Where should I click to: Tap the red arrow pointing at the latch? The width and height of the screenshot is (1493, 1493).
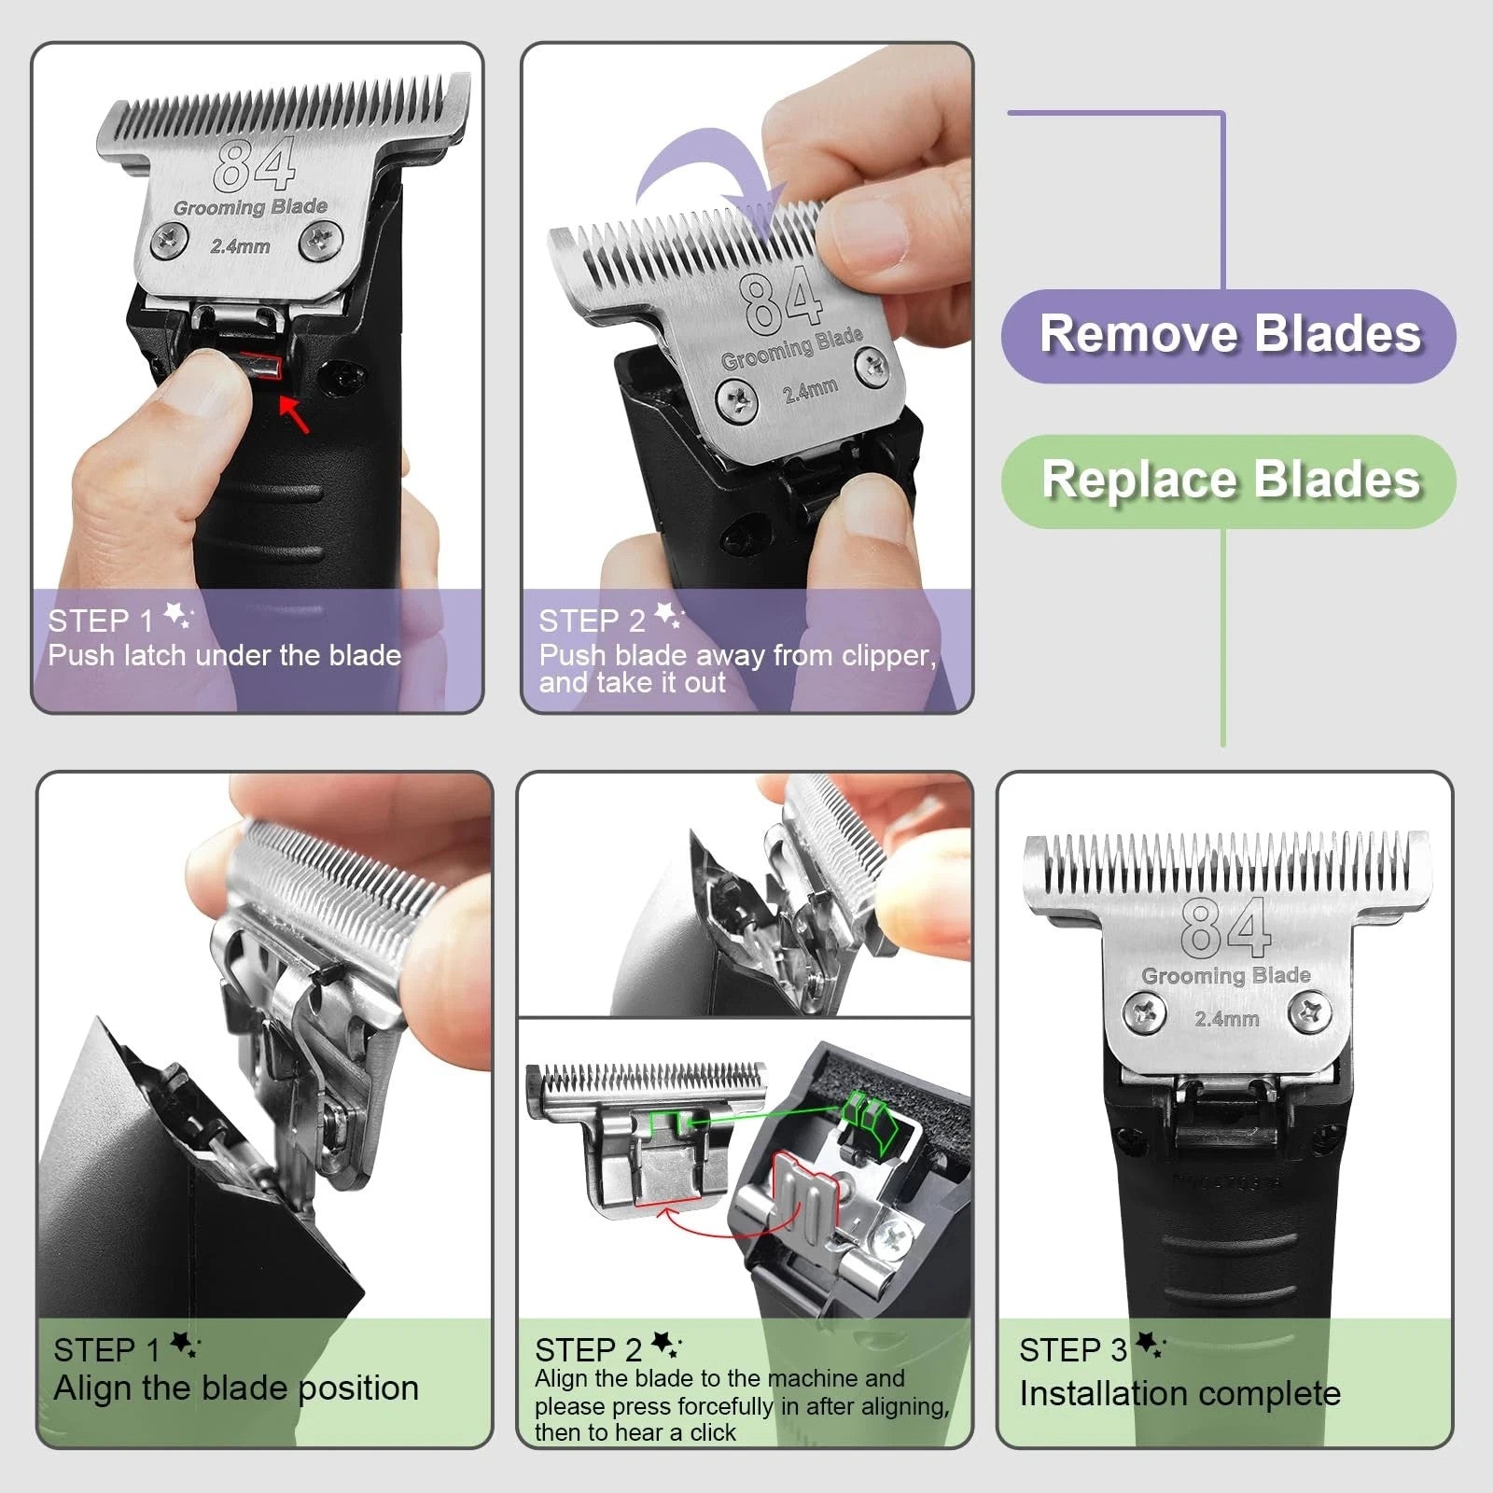pyautogui.click(x=295, y=414)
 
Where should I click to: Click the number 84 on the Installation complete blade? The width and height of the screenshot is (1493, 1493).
pyautogui.click(x=1224, y=928)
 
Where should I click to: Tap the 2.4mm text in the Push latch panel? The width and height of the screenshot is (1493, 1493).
pyautogui.click(x=240, y=246)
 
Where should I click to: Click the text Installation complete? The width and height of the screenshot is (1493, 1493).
pyautogui.click(x=1179, y=1393)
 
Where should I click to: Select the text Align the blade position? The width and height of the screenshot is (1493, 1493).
pyautogui.click(x=236, y=1388)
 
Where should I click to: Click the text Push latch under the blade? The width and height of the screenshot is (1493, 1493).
pyautogui.click(x=225, y=655)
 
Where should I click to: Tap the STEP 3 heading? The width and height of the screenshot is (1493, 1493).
pyautogui.click(x=1073, y=1349)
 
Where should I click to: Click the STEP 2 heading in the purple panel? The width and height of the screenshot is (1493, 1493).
pyautogui.click(x=592, y=621)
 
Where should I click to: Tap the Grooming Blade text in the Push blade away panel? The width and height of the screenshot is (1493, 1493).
pyautogui.click(x=791, y=348)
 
